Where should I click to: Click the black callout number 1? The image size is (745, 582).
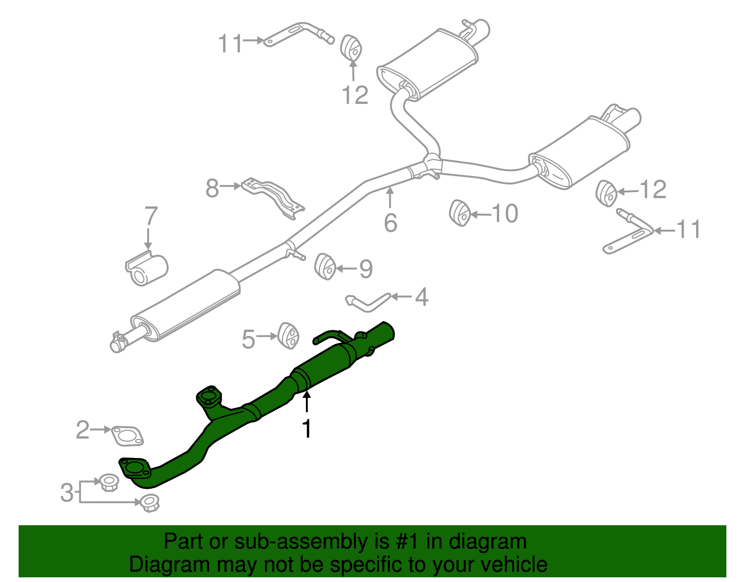click(x=306, y=428)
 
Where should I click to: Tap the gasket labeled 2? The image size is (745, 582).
click(x=127, y=435)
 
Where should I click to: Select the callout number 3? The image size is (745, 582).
click(x=67, y=492)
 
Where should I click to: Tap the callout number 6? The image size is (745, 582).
click(x=390, y=223)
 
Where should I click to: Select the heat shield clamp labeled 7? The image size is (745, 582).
click(x=146, y=268)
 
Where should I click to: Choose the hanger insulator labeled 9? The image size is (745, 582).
click(x=325, y=266)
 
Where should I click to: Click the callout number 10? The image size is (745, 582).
click(x=505, y=213)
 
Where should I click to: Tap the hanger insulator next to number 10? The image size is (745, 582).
click(x=460, y=213)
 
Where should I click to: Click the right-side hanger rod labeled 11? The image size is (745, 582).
click(x=629, y=233)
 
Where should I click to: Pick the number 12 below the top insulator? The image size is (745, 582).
click(x=355, y=95)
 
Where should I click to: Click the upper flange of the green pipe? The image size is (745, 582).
click(x=208, y=397)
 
